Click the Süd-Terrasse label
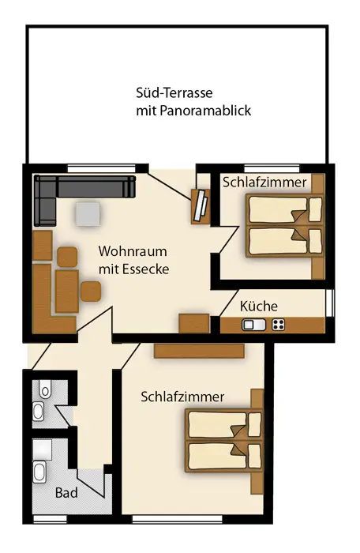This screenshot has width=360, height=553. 174,92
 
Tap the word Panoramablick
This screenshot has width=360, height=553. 205,111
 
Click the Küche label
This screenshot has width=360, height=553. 259,306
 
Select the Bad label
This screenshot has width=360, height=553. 66,493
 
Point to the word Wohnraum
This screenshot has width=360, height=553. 133,251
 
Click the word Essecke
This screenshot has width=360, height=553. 145,269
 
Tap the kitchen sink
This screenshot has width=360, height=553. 253,325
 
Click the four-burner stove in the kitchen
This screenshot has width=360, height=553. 278,325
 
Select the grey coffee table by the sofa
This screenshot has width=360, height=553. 88,214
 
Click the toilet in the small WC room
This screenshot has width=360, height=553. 45,389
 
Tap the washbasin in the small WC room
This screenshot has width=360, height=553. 39,412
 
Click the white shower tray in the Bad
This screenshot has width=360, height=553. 43,450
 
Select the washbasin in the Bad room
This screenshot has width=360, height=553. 39,472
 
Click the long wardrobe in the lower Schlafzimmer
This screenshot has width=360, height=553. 199,352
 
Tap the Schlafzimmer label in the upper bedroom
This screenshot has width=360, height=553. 264,182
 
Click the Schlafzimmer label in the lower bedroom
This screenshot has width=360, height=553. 182,397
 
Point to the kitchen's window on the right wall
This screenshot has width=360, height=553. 330,303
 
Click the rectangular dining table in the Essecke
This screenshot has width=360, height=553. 66,292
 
